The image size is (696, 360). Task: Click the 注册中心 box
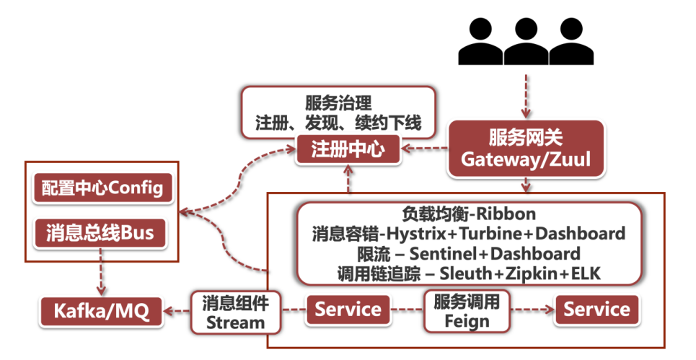[x=348, y=150]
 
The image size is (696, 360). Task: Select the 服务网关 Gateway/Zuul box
[x=525, y=149]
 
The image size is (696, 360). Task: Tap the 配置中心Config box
[x=102, y=188]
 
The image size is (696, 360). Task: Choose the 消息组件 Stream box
[x=226, y=311]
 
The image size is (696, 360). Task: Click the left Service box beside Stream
[x=348, y=310]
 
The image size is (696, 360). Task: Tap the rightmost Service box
[x=596, y=310]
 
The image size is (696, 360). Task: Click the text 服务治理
[x=338, y=103]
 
